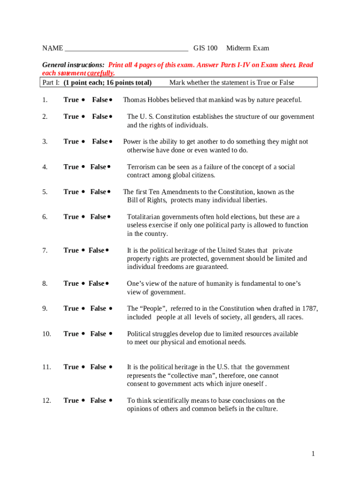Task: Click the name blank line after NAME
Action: [126, 49]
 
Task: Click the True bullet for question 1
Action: [83, 100]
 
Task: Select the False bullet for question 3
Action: [111, 142]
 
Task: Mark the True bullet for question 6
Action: [83, 217]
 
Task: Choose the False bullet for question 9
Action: [111, 309]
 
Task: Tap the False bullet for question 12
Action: [111, 401]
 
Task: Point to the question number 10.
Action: [46, 334]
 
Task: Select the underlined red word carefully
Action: [101, 73]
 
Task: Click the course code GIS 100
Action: [205, 48]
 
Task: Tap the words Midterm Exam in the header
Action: [247, 48]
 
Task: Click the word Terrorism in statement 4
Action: [142, 167]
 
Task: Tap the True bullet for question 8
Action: [83, 284]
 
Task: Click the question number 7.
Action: [44, 250]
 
